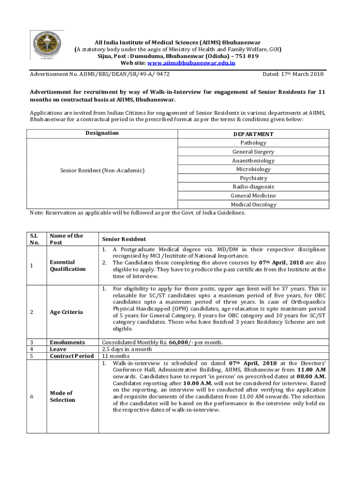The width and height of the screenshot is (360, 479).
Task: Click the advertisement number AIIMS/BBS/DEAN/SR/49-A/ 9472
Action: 100,74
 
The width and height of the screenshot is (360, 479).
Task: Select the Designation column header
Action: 102,133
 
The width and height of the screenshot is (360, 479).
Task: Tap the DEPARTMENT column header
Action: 253,134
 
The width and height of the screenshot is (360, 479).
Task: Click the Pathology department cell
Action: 253,143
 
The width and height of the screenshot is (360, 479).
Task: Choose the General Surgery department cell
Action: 253,152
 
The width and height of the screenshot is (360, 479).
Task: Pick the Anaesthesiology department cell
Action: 253,160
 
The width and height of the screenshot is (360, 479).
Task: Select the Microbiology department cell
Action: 253,169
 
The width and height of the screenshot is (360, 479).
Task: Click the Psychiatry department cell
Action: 253,178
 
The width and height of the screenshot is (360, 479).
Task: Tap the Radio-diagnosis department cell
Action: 253,187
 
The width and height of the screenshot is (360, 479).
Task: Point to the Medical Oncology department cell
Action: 253,204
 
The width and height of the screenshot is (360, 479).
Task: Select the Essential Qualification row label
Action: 68,265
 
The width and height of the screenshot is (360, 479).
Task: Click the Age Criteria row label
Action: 67,312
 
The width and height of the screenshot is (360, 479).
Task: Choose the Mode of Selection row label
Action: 62,396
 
